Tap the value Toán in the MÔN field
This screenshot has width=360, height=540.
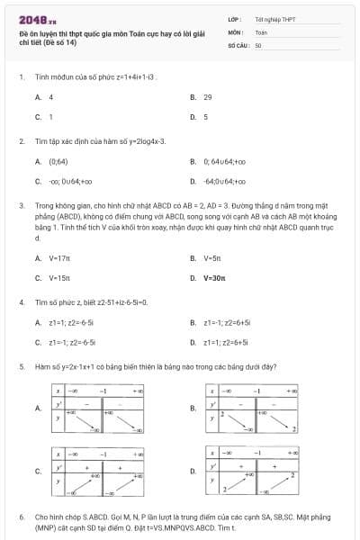coord(261,31)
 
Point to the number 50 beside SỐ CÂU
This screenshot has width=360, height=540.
coord(258,44)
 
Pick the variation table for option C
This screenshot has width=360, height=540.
coord(99,471)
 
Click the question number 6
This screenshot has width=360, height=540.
coord(21,517)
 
